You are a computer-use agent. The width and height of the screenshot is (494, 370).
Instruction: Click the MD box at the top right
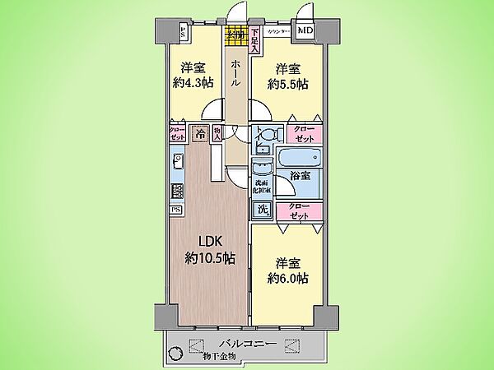click(x=305, y=32)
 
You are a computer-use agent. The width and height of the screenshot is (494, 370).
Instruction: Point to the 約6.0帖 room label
click(x=288, y=271)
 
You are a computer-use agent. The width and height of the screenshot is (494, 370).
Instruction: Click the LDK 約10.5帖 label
click(x=209, y=250)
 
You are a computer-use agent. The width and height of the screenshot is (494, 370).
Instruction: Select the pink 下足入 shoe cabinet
click(x=255, y=39)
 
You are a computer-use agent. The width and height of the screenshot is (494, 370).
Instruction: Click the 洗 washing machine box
click(x=262, y=210)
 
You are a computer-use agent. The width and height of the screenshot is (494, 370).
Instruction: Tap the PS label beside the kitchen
click(x=175, y=210)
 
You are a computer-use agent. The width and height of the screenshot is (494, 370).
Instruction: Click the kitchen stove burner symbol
click(x=176, y=191)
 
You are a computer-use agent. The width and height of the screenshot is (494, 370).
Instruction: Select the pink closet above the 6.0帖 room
click(x=300, y=210)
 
